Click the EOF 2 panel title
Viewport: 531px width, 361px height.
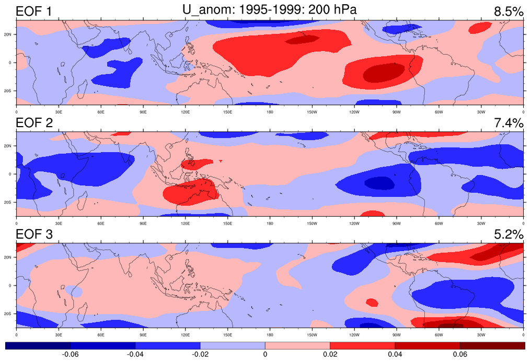(x=34, y=123)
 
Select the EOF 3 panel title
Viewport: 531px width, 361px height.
(x=34, y=234)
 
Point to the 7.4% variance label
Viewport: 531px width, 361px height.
(x=508, y=123)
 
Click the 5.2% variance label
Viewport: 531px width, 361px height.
(x=508, y=234)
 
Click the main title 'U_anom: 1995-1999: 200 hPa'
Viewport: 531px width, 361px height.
(x=269, y=9)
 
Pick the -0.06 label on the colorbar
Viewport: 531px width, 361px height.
(x=70, y=355)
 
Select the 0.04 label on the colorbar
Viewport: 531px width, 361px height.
(x=395, y=355)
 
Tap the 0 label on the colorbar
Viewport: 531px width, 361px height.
(x=265, y=355)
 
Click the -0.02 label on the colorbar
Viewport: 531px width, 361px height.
(x=200, y=355)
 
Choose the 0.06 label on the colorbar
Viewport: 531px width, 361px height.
(x=459, y=355)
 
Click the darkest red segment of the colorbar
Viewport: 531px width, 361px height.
(x=492, y=345)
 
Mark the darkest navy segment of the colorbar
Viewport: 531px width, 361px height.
(x=38, y=345)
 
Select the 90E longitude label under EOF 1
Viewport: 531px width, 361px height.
(x=143, y=111)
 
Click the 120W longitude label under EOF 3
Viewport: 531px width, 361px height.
(x=354, y=334)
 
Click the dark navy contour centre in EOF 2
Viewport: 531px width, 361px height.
(x=379, y=183)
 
